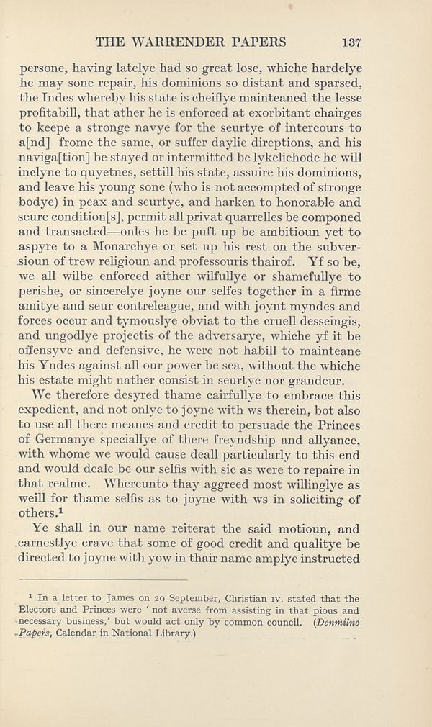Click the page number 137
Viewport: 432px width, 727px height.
coord(351,41)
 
